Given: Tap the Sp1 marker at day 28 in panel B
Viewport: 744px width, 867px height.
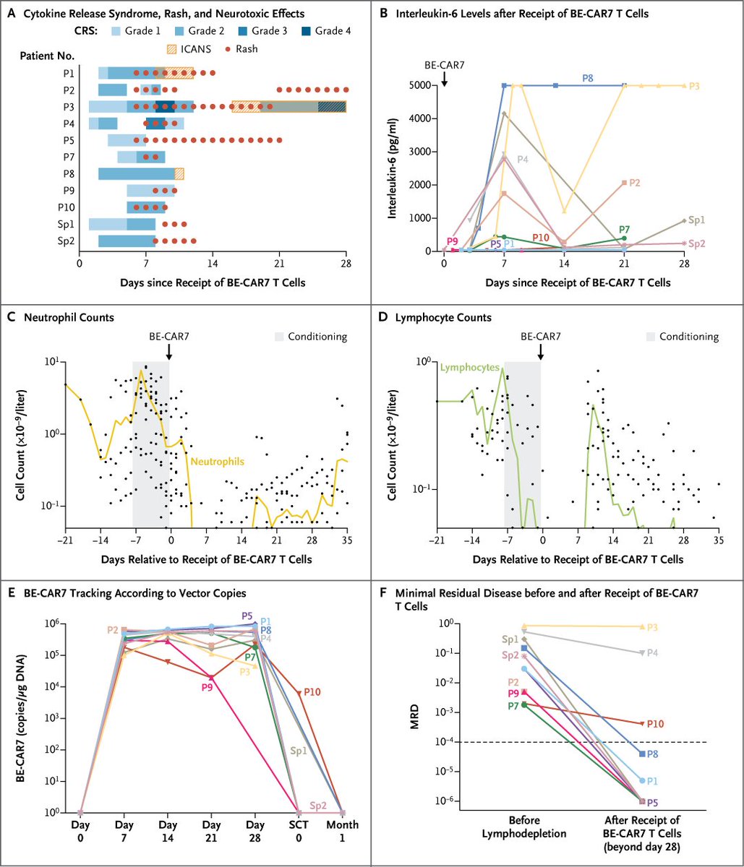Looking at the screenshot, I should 683,221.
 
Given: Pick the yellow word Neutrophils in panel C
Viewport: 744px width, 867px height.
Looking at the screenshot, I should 215,458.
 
